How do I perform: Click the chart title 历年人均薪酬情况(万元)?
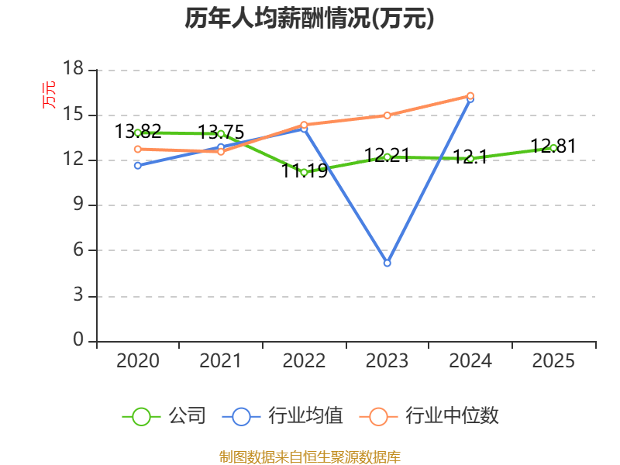(309, 19)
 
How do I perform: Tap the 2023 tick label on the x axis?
(387, 361)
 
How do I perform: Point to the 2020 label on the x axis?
(138, 361)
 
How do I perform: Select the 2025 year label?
(553, 361)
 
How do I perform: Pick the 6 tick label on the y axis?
(77, 250)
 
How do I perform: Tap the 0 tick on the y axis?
(77, 341)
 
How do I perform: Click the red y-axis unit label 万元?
(49, 95)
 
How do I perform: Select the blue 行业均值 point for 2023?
(387, 263)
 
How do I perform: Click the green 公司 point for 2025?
(553, 147)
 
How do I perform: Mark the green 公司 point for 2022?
(304, 172)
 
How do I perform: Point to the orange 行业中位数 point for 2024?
(470, 95)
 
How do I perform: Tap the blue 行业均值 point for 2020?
(138, 165)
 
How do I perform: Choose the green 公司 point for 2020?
(138, 133)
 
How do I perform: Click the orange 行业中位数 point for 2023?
(387, 115)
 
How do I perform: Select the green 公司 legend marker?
(141, 416)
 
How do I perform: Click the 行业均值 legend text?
(305, 416)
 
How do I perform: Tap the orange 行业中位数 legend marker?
(378, 416)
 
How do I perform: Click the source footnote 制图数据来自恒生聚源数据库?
(309, 456)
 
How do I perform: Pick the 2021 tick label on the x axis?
(221, 361)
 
